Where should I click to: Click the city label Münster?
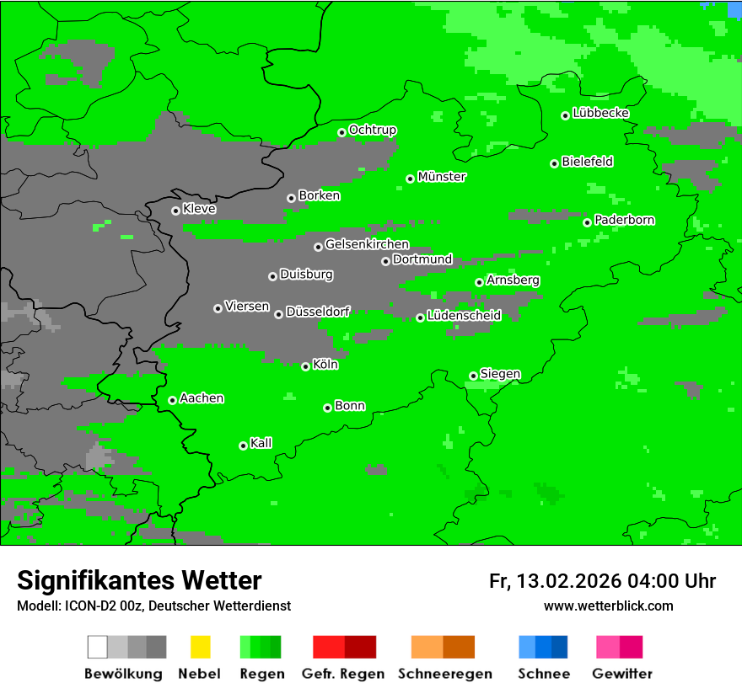(x=442, y=177)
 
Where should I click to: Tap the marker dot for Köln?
(x=305, y=366)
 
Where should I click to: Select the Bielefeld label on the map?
(x=588, y=162)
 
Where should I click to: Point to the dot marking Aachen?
(x=172, y=400)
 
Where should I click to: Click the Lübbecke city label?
(x=601, y=113)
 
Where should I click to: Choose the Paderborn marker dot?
(x=587, y=222)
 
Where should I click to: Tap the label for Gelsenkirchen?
(x=367, y=244)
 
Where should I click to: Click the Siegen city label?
(x=500, y=374)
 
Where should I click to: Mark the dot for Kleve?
(x=175, y=211)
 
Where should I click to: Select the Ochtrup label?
(x=373, y=130)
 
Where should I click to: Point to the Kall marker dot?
(x=243, y=446)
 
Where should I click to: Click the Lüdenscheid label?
(x=464, y=316)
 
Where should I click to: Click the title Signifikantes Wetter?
(x=139, y=580)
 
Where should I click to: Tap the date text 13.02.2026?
(x=569, y=581)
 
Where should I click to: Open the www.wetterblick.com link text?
(x=608, y=606)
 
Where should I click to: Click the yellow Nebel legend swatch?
(x=200, y=647)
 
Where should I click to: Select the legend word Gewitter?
(x=622, y=674)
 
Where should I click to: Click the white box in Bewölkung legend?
(x=98, y=647)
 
